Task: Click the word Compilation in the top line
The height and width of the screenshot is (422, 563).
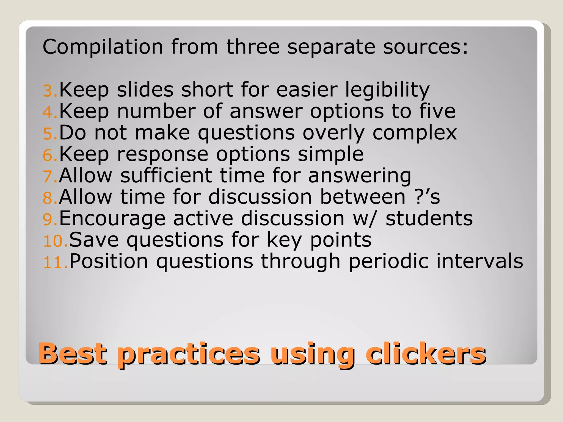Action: point(103,47)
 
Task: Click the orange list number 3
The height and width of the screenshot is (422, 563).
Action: point(50,91)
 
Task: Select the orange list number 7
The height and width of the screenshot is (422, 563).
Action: point(50,177)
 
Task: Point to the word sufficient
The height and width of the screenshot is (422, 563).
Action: point(166,176)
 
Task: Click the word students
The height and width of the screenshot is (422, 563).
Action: point(429,218)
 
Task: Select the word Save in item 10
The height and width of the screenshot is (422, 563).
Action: point(94,240)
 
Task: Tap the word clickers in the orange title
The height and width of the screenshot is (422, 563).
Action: point(426,354)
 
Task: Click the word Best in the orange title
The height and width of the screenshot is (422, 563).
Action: point(73,354)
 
